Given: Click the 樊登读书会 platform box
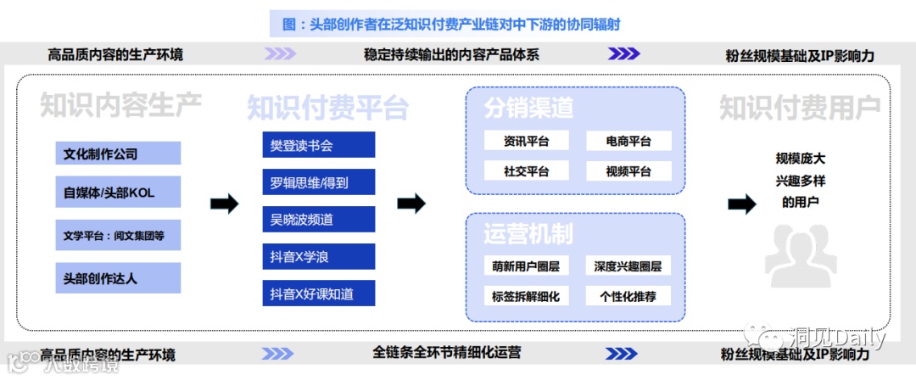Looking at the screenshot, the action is click(x=318, y=146).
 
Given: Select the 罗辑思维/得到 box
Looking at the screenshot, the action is click(x=318, y=182).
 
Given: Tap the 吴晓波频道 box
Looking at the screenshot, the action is click(x=318, y=220).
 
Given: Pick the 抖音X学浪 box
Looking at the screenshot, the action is click(x=318, y=256).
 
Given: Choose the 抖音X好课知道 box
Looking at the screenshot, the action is click(x=318, y=293).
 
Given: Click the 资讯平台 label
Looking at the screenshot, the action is click(x=526, y=141).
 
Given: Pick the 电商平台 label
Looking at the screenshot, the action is click(x=628, y=141).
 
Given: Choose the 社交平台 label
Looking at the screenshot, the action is click(x=526, y=171).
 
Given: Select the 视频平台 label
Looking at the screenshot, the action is click(x=628, y=171).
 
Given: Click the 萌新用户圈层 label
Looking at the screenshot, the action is click(x=526, y=266).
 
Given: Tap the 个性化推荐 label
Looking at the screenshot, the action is click(x=628, y=296).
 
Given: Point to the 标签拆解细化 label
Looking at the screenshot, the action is click(x=526, y=296).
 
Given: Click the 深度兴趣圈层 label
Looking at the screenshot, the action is click(x=628, y=266).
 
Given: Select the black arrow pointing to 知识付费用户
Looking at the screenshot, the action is click(x=742, y=204).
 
